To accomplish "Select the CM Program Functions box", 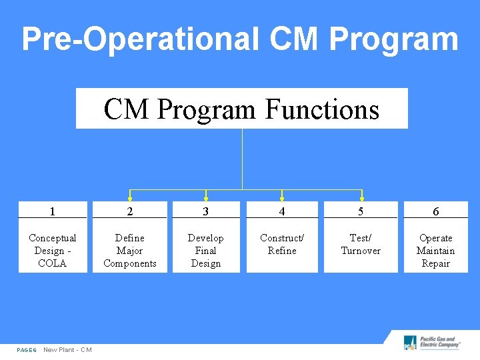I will pos(241,109).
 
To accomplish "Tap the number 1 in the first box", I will pos(52,211).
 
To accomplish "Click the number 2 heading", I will pos(130,211).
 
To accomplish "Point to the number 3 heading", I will pos(205,211).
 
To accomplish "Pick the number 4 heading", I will pos(282,211).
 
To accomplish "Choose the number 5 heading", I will pos(361,211).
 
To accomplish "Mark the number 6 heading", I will pos(435,211).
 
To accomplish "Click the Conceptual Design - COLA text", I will pos(52,251).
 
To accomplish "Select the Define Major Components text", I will pos(130,251).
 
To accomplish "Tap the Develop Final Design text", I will pos(205,251).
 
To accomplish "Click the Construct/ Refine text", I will pos(282,244).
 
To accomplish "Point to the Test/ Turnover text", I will pos(361,244).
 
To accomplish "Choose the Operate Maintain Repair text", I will pos(435,251).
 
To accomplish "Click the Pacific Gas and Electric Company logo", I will pos(432,343).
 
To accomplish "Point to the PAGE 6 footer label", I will pos(27,350).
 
